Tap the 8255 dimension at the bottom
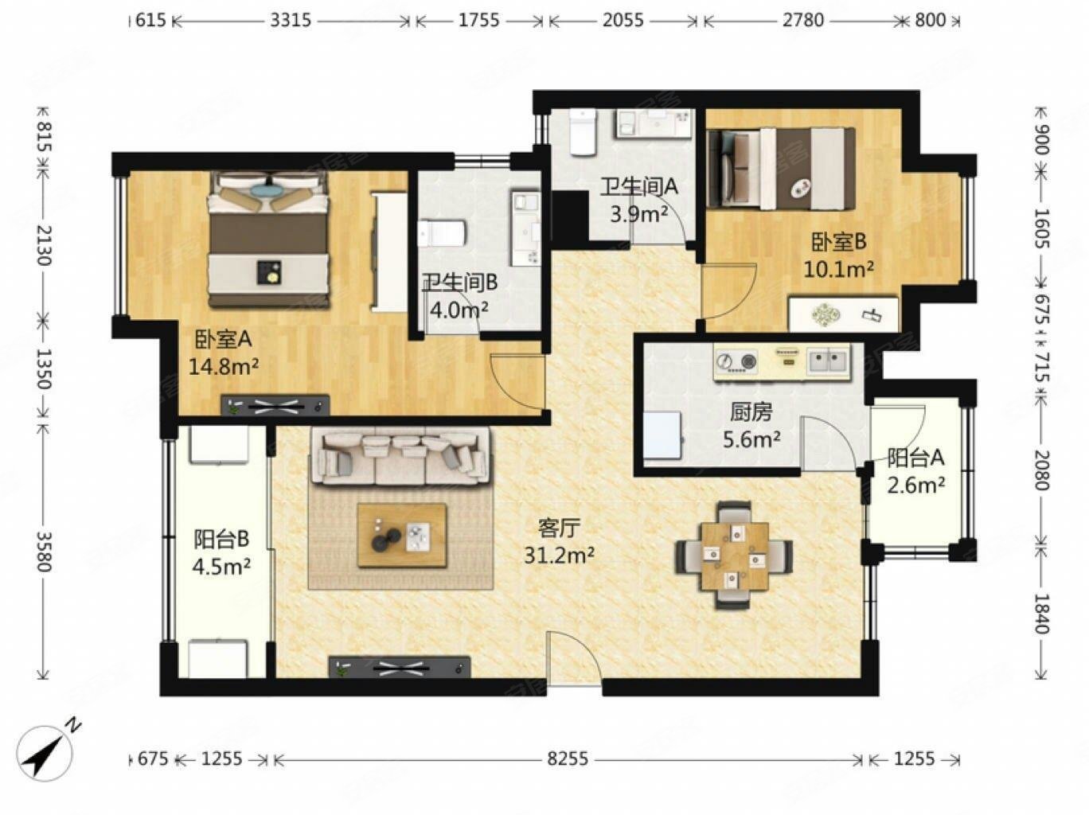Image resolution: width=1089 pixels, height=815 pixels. pyautogui.click(x=568, y=758)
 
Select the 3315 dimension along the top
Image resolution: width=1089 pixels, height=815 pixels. pyautogui.click(x=291, y=21)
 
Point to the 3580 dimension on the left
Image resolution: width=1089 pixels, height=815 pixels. pyautogui.click(x=45, y=552)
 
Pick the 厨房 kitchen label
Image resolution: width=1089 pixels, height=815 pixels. pyautogui.click(x=751, y=411)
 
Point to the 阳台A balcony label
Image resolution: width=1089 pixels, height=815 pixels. pyautogui.click(x=915, y=458)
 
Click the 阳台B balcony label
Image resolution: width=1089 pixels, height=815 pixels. pyautogui.click(x=221, y=539)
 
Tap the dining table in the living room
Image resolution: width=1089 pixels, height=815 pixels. pyautogui.click(x=734, y=555)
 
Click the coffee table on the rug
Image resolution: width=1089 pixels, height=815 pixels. pyautogui.click(x=402, y=535)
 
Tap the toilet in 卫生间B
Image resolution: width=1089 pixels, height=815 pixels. pyautogui.click(x=441, y=233)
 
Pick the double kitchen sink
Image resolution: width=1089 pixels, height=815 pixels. pyautogui.click(x=828, y=361)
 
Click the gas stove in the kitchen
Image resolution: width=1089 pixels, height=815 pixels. pyautogui.click(x=736, y=361)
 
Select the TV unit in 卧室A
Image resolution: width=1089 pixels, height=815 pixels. pyautogui.click(x=275, y=405)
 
